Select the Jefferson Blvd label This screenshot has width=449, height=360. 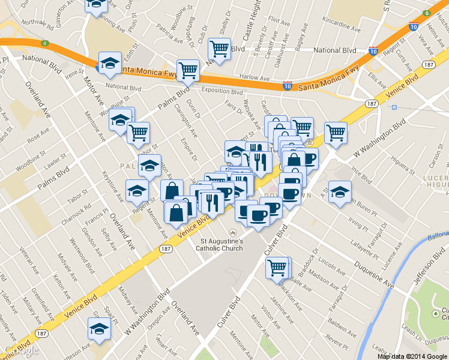(427, 263)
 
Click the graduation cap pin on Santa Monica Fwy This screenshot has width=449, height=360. (110, 63)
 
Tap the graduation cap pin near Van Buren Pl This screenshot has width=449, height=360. (340, 192)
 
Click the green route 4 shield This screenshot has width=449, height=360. (45, 43)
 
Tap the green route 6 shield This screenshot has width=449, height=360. (426, 13)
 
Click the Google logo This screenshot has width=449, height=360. (20, 350)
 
